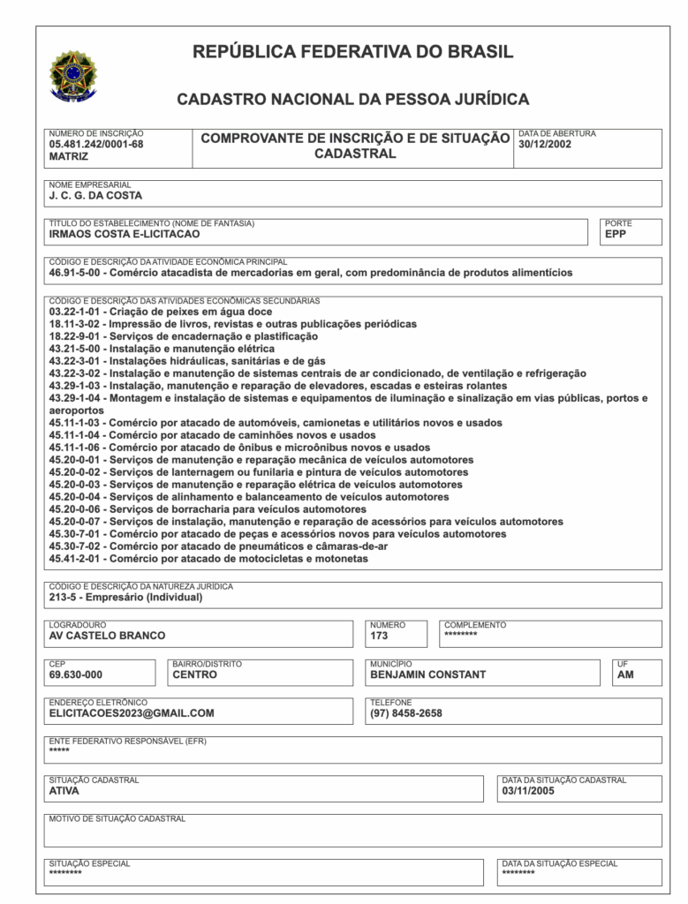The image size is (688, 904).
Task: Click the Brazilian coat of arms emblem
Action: pos(73,75)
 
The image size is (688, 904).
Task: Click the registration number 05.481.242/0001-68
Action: pos(96,144)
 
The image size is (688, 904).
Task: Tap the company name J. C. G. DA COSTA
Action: pos(95,196)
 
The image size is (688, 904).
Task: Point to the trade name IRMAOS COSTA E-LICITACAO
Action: pos(125,234)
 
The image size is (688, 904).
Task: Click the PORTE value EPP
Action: pos(616,234)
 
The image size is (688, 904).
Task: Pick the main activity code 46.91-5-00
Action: pos(76,273)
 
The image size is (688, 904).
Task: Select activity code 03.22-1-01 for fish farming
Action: pos(77,312)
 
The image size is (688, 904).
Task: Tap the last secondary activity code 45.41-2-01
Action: pos(77,559)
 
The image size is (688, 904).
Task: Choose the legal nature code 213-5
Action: pos(66,597)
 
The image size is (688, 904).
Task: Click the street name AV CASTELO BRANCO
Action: pos(107,636)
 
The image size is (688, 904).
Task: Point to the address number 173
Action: pos(379,636)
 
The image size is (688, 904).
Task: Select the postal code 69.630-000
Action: pos(76,674)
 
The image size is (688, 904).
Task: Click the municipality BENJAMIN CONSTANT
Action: pos(428,674)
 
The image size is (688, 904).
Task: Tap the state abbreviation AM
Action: pos(625,674)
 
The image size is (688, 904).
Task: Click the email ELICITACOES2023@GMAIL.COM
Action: pos(132,713)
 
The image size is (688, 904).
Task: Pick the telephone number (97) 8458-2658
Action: pos(406,713)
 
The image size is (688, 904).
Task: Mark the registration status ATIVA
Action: pos(64,791)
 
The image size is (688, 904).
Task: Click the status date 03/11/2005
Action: pos(528,791)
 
